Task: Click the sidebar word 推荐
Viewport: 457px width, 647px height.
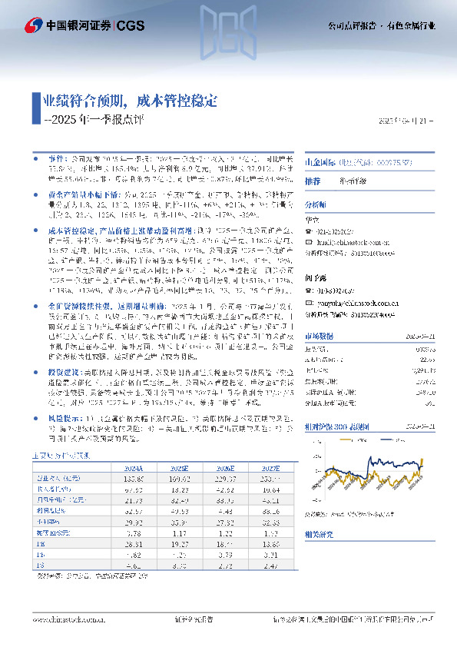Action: click(313, 181)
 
